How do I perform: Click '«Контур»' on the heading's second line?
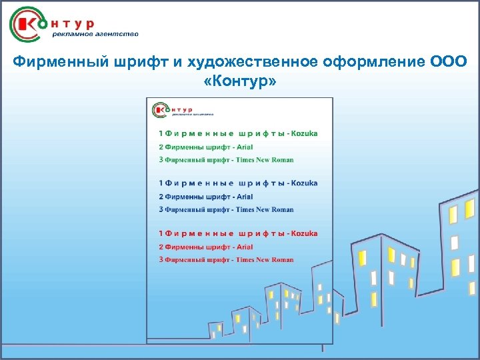pos(239,81)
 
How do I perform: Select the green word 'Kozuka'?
pos(305,133)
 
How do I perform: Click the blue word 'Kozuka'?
pos(305,183)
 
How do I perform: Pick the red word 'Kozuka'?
pos(305,233)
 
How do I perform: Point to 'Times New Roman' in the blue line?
pos(265,209)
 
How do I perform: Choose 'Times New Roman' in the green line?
pos(265,160)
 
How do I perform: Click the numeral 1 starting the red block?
pos(161,233)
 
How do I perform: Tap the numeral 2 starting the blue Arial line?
pos(161,197)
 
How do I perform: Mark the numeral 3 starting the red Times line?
pos(161,259)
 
